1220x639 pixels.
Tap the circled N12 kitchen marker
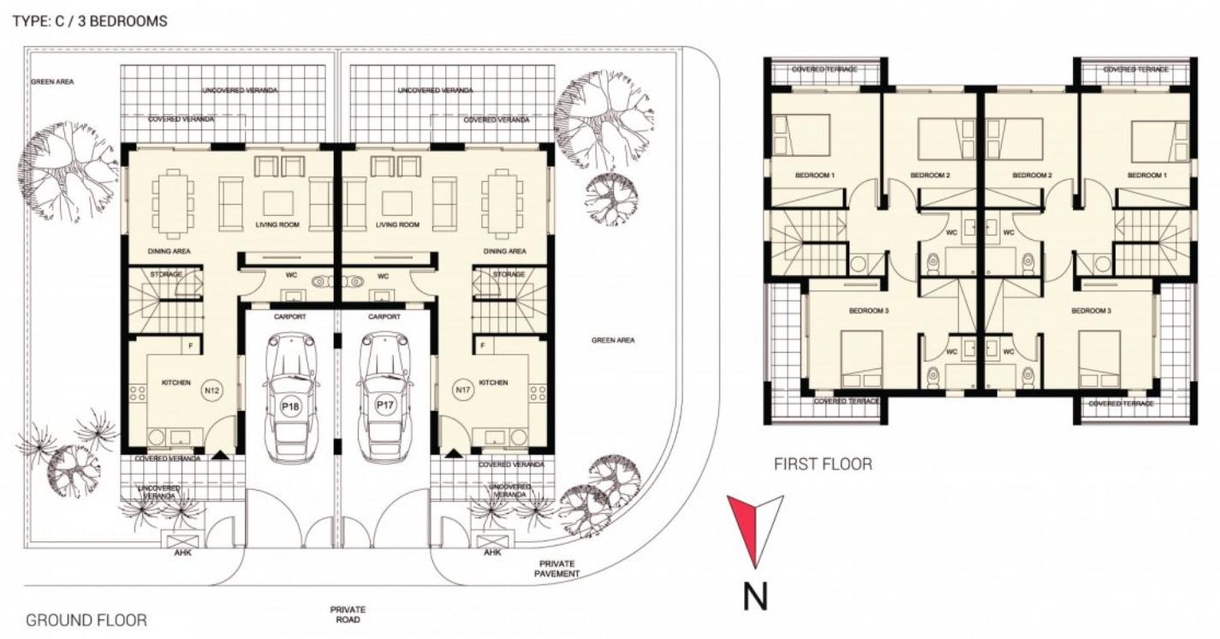point(211,391)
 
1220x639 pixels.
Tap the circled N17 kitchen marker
point(463,391)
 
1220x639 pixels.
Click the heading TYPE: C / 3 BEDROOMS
point(90,21)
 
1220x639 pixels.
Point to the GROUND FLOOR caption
point(86,619)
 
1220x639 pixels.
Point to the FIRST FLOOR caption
point(823,464)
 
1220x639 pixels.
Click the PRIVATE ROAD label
point(348,614)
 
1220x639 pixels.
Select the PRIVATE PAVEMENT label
point(556,568)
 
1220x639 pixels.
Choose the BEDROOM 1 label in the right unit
point(1147,176)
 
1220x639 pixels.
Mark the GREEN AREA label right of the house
point(613,341)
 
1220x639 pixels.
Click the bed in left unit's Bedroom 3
point(861,360)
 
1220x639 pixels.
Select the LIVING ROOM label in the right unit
point(398,225)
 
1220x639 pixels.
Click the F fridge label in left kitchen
point(192,345)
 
